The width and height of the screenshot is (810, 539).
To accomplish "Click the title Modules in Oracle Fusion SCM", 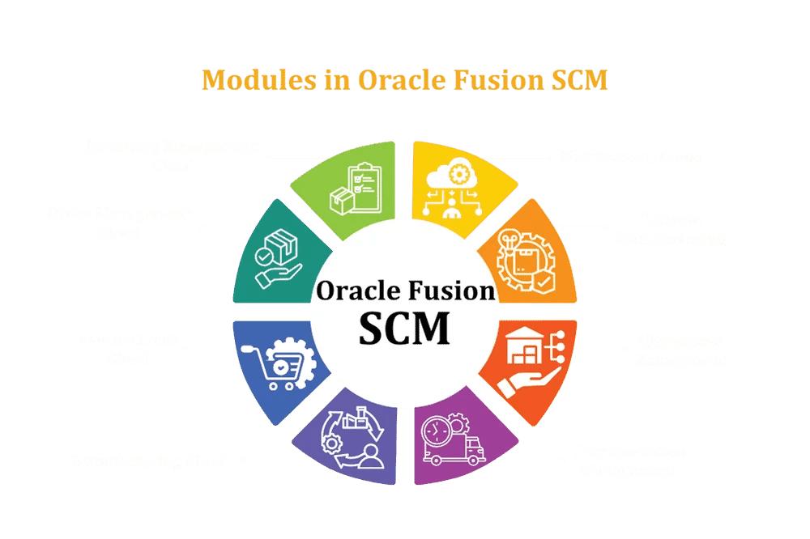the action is click(x=404, y=80).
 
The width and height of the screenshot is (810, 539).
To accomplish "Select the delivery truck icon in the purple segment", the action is click(x=453, y=442).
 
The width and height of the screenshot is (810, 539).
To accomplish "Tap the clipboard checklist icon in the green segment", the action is click(x=355, y=187).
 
